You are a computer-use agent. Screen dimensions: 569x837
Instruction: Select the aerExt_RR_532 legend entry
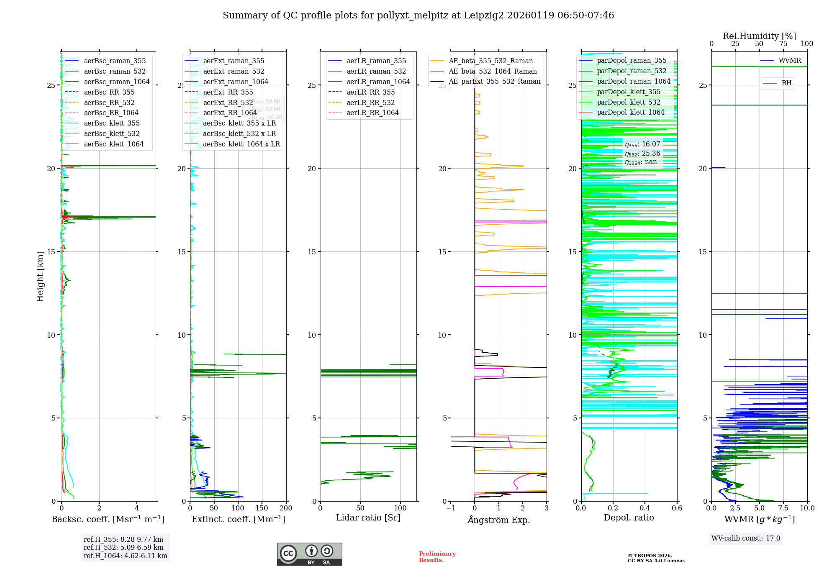pos(228,103)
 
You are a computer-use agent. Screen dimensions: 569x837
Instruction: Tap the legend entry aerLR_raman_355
pos(376,61)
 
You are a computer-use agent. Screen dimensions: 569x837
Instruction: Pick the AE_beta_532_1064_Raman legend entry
pos(493,72)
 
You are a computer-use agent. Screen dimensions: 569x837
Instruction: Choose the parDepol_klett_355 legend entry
pos(629,92)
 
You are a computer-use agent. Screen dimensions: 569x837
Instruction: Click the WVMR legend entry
pos(790,61)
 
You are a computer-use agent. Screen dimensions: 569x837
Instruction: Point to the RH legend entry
pos(786,83)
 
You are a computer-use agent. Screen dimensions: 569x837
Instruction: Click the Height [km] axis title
pos(40,277)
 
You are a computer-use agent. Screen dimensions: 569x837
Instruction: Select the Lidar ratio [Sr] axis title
pos(368,518)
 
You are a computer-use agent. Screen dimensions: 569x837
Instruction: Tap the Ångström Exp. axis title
pos(499,520)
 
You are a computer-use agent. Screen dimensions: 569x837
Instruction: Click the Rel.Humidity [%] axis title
pos(759,36)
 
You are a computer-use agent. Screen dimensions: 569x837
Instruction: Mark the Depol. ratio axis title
pos(629,518)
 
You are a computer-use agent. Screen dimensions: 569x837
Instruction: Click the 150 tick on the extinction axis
pos(262,508)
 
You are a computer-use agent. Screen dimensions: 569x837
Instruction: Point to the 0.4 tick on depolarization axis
pos(645,508)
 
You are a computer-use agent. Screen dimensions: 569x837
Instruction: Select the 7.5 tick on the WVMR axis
pos(783,508)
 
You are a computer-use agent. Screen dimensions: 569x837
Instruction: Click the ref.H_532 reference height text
pos(123,548)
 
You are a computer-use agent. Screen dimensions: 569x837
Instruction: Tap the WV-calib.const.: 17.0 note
pos(746,538)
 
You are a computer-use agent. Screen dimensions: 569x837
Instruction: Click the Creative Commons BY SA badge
pos(309,554)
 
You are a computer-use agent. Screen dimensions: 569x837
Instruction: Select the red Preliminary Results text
pos(437,557)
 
